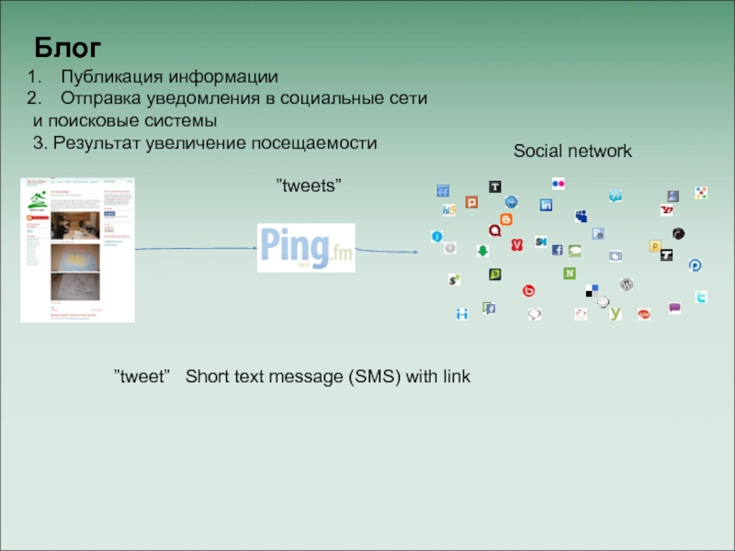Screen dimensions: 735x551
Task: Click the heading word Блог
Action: [x=68, y=47]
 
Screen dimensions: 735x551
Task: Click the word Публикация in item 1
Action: [x=113, y=76]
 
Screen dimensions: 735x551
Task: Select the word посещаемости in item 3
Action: [x=321, y=143]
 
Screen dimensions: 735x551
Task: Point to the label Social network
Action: [x=572, y=151]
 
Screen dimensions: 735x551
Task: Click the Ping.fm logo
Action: [x=306, y=247]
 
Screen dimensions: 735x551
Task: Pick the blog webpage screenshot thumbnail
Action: [x=78, y=250]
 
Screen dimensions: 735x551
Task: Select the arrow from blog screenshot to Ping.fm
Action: [x=196, y=248]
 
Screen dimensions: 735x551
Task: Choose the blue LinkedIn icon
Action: [x=546, y=205]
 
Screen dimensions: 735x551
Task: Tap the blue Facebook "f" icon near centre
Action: [x=557, y=250]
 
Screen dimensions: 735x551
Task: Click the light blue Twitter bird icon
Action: [x=701, y=298]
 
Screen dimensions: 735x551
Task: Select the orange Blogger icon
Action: [x=505, y=219]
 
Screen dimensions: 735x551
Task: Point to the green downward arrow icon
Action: [x=481, y=250]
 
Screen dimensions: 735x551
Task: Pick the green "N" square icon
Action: [x=570, y=274]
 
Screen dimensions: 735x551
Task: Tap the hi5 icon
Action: [x=448, y=210]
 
